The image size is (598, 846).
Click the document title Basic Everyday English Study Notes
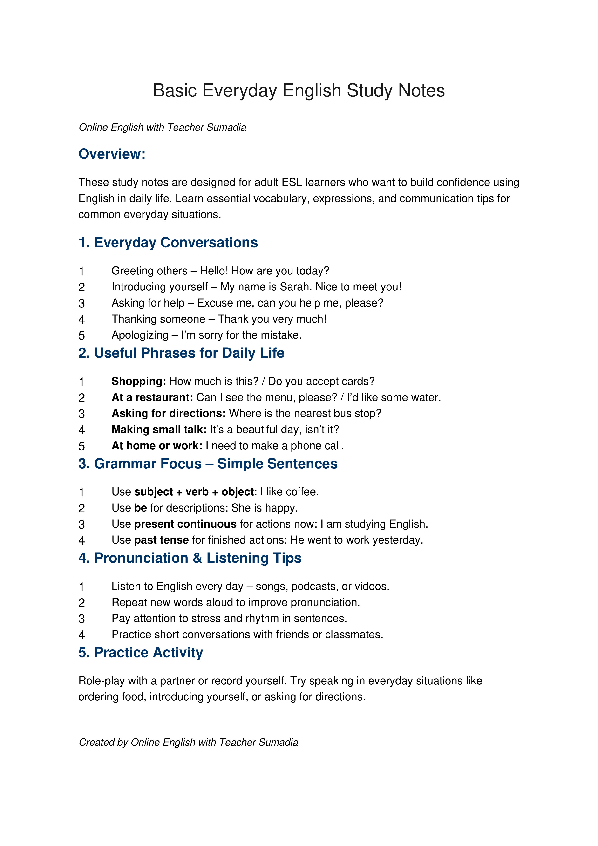point(299,91)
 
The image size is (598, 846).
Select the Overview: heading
point(112,154)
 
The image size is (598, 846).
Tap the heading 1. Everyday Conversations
point(168,242)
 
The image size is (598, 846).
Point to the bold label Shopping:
point(139,381)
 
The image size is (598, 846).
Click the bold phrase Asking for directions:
point(168,413)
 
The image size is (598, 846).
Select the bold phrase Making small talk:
point(159,430)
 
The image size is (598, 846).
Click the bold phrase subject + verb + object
point(194,492)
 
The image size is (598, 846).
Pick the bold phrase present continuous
point(185,524)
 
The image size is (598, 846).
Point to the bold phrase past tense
point(161,540)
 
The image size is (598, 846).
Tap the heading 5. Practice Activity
point(141,653)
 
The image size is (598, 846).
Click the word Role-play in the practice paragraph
point(101,681)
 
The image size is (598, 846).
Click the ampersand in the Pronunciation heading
point(197,558)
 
